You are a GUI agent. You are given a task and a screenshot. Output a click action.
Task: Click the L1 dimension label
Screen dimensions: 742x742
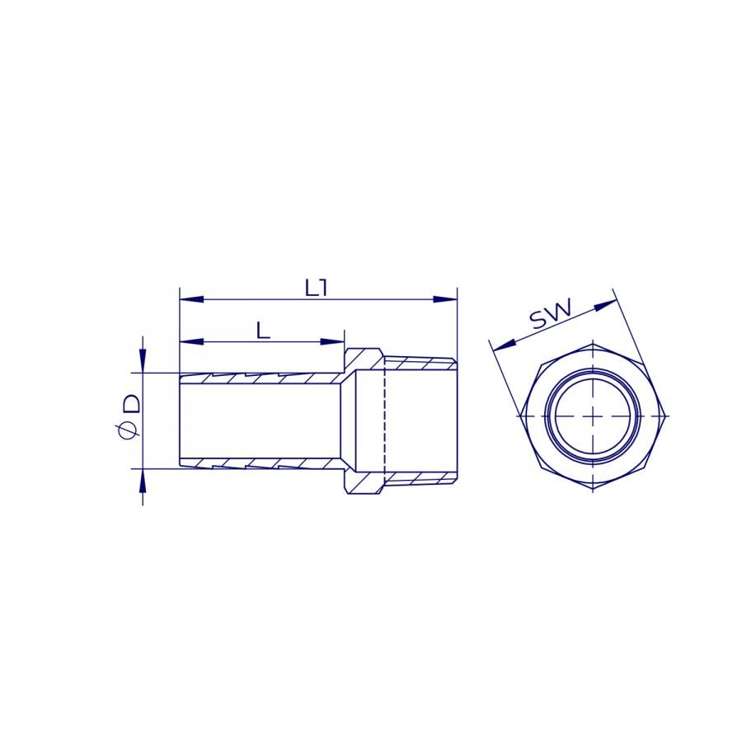point(316,288)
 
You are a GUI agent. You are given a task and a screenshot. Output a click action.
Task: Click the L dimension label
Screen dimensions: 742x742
point(263,331)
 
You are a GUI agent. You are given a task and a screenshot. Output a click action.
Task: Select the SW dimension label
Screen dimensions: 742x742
point(551,313)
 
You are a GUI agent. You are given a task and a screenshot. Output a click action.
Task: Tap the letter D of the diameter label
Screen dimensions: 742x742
point(132,404)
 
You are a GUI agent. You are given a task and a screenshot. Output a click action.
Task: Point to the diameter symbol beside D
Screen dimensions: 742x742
point(129,430)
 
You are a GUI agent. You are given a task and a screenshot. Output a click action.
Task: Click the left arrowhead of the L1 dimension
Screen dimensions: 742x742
point(191,299)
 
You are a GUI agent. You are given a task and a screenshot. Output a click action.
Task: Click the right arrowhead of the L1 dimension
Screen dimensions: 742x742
point(445,299)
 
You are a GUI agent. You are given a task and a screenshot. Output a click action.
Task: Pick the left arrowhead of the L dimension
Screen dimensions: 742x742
point(191,341)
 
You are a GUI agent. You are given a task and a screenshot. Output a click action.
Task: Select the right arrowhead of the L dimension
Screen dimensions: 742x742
point(332,341)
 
